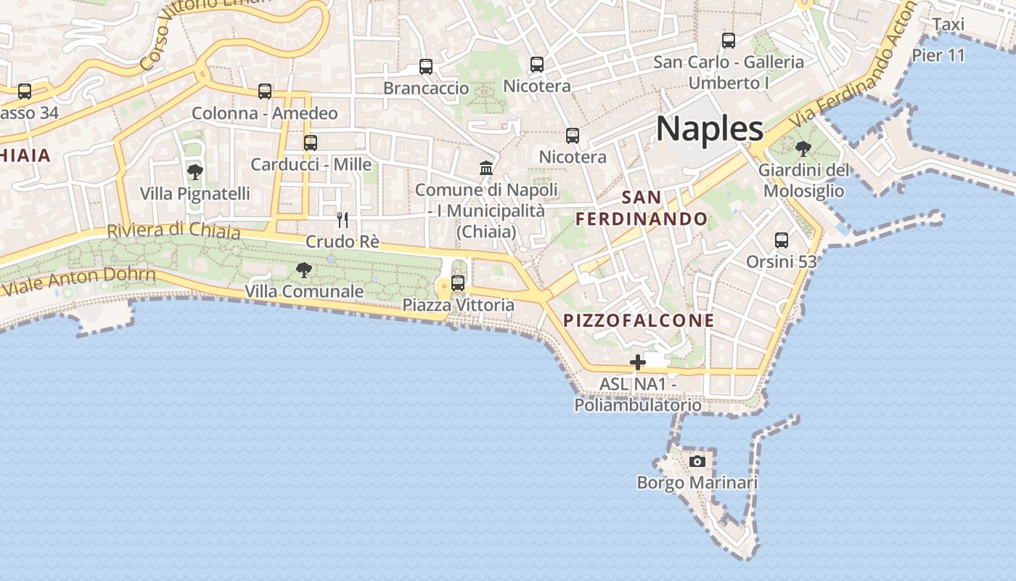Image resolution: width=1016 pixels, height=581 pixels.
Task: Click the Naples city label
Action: click(709, 129)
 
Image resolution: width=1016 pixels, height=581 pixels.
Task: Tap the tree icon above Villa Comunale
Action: click(304, 270)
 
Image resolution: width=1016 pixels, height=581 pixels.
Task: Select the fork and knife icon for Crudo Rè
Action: click(343, 219)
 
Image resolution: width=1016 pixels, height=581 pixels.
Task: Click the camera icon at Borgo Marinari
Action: click(697, 461)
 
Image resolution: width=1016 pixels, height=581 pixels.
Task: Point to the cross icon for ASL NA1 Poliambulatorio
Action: click(638, 362)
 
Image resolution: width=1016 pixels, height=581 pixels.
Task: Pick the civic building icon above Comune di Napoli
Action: click(486, 168)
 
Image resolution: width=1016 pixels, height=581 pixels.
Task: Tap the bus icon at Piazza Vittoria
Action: click(458, 283)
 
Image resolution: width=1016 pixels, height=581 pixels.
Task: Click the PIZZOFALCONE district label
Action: click(639, 320)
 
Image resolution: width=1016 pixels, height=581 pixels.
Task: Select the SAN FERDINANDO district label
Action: click(642, 208)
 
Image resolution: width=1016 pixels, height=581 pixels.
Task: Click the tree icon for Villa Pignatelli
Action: click(194, 172)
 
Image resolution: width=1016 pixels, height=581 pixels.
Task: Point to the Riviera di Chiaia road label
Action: click(173, 230)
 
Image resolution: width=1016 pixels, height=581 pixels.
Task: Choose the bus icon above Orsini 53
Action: click(782, 240)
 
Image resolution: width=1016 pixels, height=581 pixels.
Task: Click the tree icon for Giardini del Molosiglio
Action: click(803, 149)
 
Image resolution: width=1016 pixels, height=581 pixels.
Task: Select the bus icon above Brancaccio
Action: click(426, 67)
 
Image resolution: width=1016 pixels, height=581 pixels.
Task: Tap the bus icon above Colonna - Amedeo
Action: click(265, 92)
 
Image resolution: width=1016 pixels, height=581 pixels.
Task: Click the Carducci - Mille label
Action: click(311, 164)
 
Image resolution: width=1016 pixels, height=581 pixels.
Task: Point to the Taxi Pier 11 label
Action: click(943, 40)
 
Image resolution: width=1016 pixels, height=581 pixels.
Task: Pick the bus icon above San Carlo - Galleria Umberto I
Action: click(729, 41)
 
